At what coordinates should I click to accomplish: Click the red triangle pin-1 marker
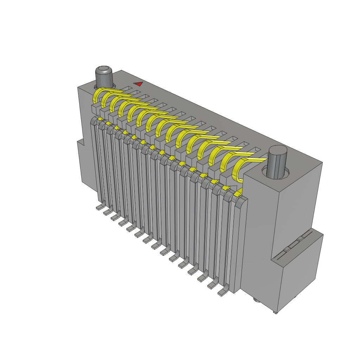pyautogui.click(x=139, y=84)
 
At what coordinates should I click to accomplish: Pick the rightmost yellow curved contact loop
pyautogui.click(x=238, y=171)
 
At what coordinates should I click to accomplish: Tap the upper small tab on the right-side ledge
pyautogui.click(x=300, y=239)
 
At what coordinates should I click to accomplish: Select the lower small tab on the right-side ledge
pyautogui.click(x=287, y=249)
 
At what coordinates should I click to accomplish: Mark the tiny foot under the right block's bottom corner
pyautogui.click(x=275, y=312)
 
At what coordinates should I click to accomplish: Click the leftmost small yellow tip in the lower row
pyautogui.click(x=100, y=120)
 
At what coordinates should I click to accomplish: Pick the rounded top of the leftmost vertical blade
pyautogui.click(x=93, y=122)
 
